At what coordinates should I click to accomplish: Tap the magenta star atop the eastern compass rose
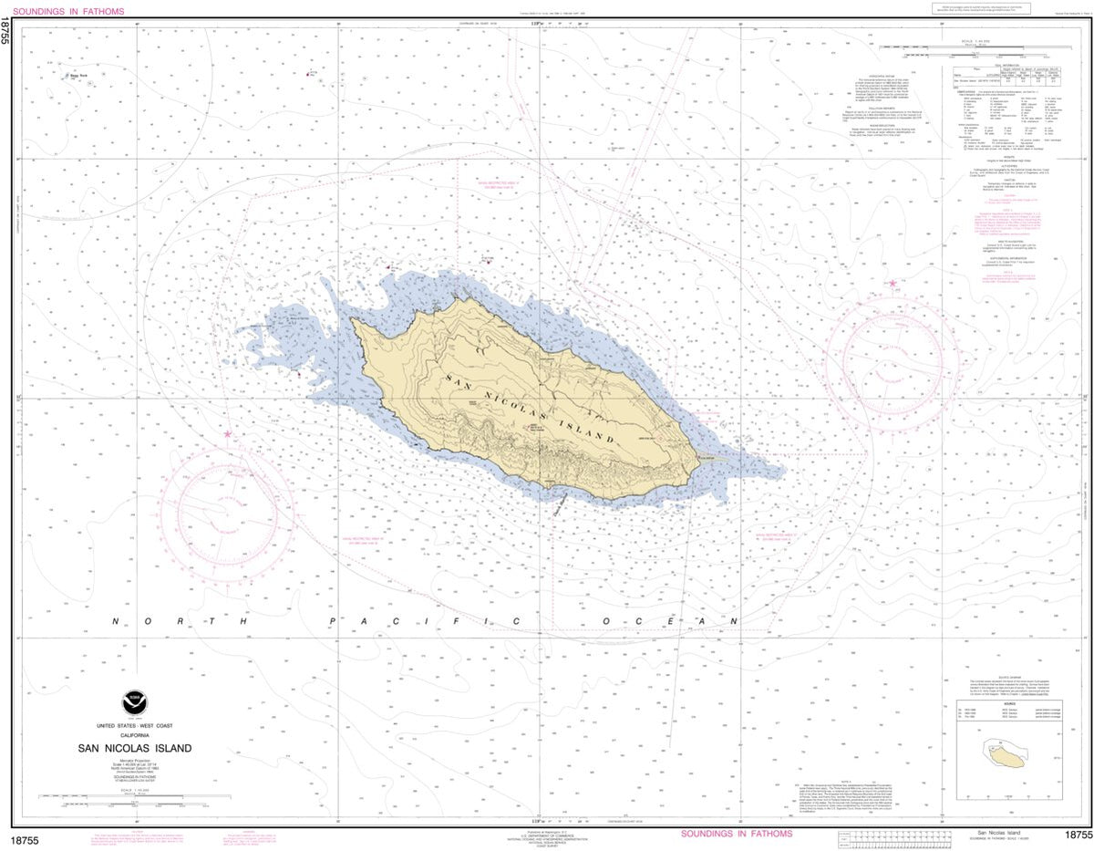point(893,284)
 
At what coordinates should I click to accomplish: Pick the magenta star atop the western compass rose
point(227,434)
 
